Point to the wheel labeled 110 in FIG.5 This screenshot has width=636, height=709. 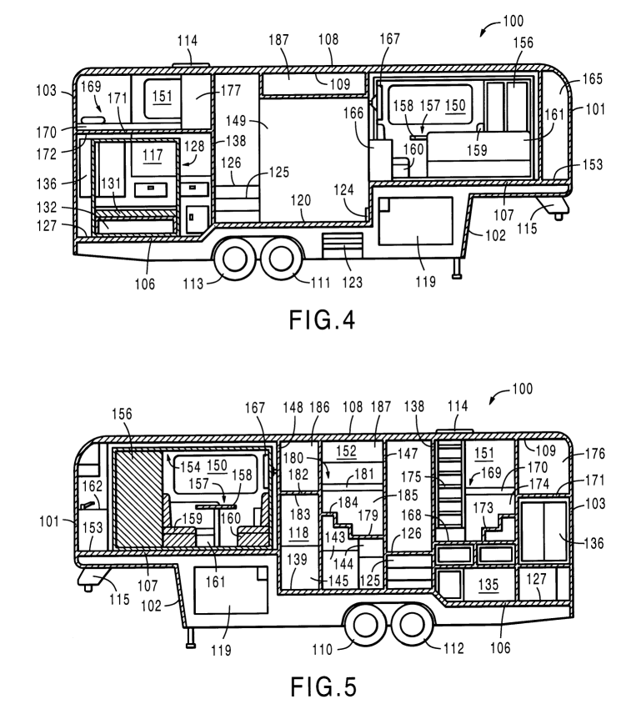point(364,626)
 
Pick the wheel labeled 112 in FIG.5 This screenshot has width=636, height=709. point(409,626)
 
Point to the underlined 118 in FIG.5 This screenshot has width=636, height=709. point(297,532)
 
